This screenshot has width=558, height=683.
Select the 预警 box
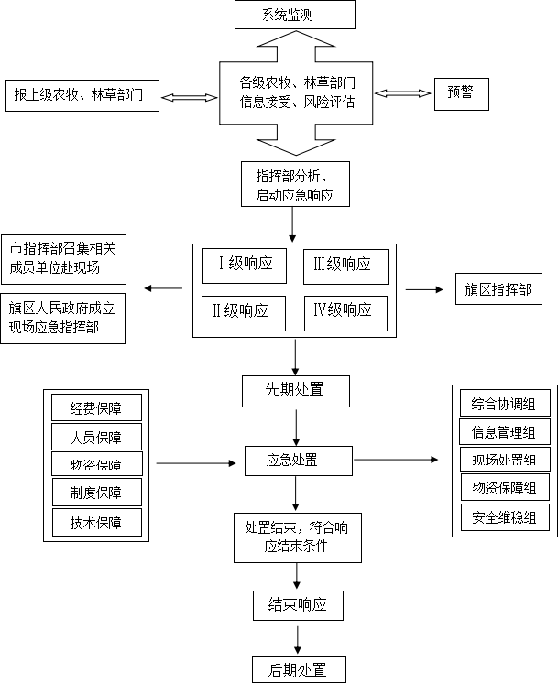pos(461,93)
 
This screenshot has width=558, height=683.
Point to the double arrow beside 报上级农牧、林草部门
pos(189,95)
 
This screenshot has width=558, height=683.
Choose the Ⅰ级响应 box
pos(244,266)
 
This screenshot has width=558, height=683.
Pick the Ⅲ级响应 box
pos(346,266)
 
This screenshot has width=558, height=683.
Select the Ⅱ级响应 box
pos(244,312)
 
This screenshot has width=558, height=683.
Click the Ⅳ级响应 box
pos(346,312)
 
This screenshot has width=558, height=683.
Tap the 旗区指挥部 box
pos(497,290)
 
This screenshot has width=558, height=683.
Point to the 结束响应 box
pos(297,604)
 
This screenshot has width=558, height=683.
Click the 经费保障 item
pos(97,407)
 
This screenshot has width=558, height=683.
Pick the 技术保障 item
pos(97,523)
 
